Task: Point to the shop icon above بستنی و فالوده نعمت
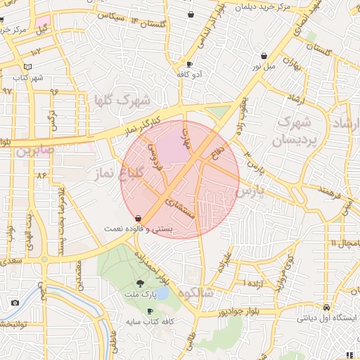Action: pos(138,218)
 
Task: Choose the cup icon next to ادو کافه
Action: pos(189,64)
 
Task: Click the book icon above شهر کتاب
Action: pos(27,66)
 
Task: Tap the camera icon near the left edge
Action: pos(15,303)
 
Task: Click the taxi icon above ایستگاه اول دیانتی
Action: pos(326,308)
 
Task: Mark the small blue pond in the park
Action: pos(161,292)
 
